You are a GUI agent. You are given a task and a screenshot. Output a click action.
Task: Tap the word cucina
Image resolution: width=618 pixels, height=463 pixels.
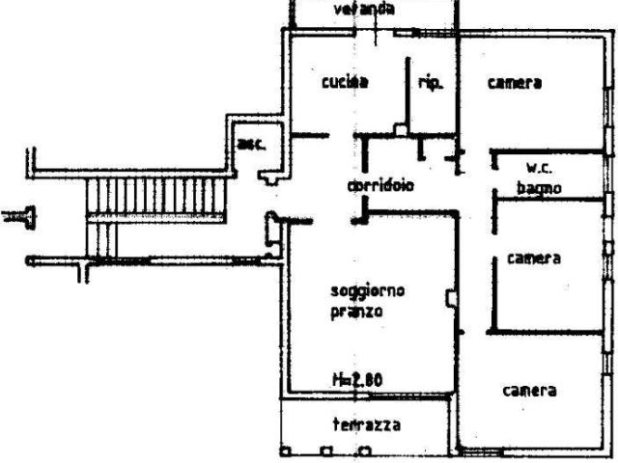(346, 84)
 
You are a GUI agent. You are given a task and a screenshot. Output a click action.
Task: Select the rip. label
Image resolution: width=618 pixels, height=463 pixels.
(430, 84)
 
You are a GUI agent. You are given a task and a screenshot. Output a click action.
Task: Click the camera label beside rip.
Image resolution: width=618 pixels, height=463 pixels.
(514, 84)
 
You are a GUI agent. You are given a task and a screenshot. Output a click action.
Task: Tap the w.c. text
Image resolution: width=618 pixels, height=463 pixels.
(539, 168)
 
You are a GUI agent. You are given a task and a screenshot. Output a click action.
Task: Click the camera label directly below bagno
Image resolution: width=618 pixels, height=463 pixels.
(535, 259)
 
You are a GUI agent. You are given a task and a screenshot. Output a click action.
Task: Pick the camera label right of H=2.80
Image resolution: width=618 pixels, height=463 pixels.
(529, 391)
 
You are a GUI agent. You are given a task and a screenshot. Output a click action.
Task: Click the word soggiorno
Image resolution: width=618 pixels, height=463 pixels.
(367, 290)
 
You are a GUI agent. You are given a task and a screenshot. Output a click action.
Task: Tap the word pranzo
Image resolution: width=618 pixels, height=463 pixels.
(356, 312)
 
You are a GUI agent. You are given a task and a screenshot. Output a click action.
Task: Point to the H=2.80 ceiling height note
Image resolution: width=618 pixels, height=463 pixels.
(358, 380)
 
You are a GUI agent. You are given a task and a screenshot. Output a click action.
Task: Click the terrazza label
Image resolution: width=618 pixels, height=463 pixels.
(367, 424)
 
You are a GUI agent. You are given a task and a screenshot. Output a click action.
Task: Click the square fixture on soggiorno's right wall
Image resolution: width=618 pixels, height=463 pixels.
(449, 299)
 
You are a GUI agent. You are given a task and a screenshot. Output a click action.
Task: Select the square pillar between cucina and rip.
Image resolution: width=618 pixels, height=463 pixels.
(399, 128)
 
